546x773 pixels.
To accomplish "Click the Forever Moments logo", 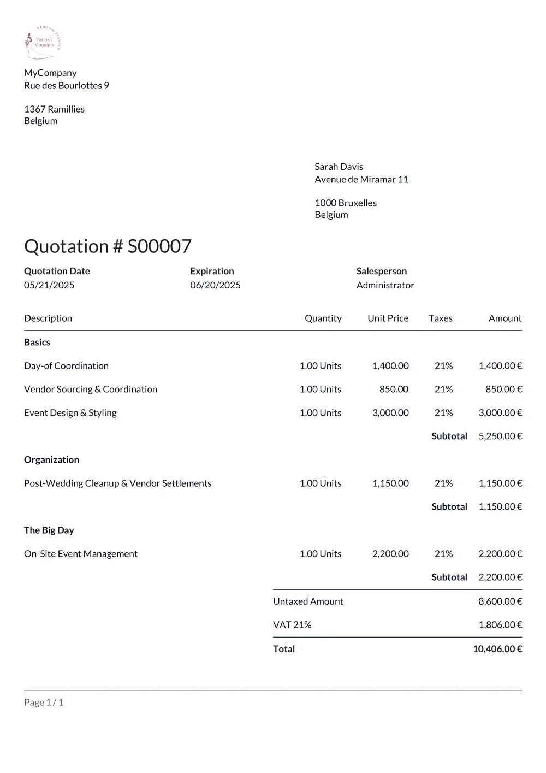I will (x=43, y=42).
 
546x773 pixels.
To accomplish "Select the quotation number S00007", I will (x=159, y=246).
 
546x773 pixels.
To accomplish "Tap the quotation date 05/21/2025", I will (x=49, y=285).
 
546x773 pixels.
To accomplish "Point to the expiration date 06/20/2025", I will (x=215, y=285).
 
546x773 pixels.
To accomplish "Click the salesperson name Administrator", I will (x=385, y=285).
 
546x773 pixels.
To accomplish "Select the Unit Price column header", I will (x=388, y=318).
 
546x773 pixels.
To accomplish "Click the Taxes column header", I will (x=440, y=318).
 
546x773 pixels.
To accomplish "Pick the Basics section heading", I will (x=37, y=343).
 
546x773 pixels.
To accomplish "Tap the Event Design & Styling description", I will (x=70, y=413).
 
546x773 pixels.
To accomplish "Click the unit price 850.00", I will (x=394, y=390).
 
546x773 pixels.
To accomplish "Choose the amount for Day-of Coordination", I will (x=500, y=366).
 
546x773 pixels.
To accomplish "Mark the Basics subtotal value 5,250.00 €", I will (x=500, y=436).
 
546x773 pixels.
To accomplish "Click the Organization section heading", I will (x=51, y=460).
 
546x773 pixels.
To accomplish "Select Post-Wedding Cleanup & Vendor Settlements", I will (x=117, y=483).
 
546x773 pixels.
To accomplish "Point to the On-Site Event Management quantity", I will (x=320, y=554).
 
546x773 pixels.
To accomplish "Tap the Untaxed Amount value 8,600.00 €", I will (x=500, y=601).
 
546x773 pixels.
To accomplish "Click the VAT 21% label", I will (x=292, y=625).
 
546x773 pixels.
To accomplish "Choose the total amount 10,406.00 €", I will (x=497, y=649).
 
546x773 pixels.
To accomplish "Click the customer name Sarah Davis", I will (x=339, y=167).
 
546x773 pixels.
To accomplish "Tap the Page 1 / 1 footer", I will (x=44, y=703).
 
